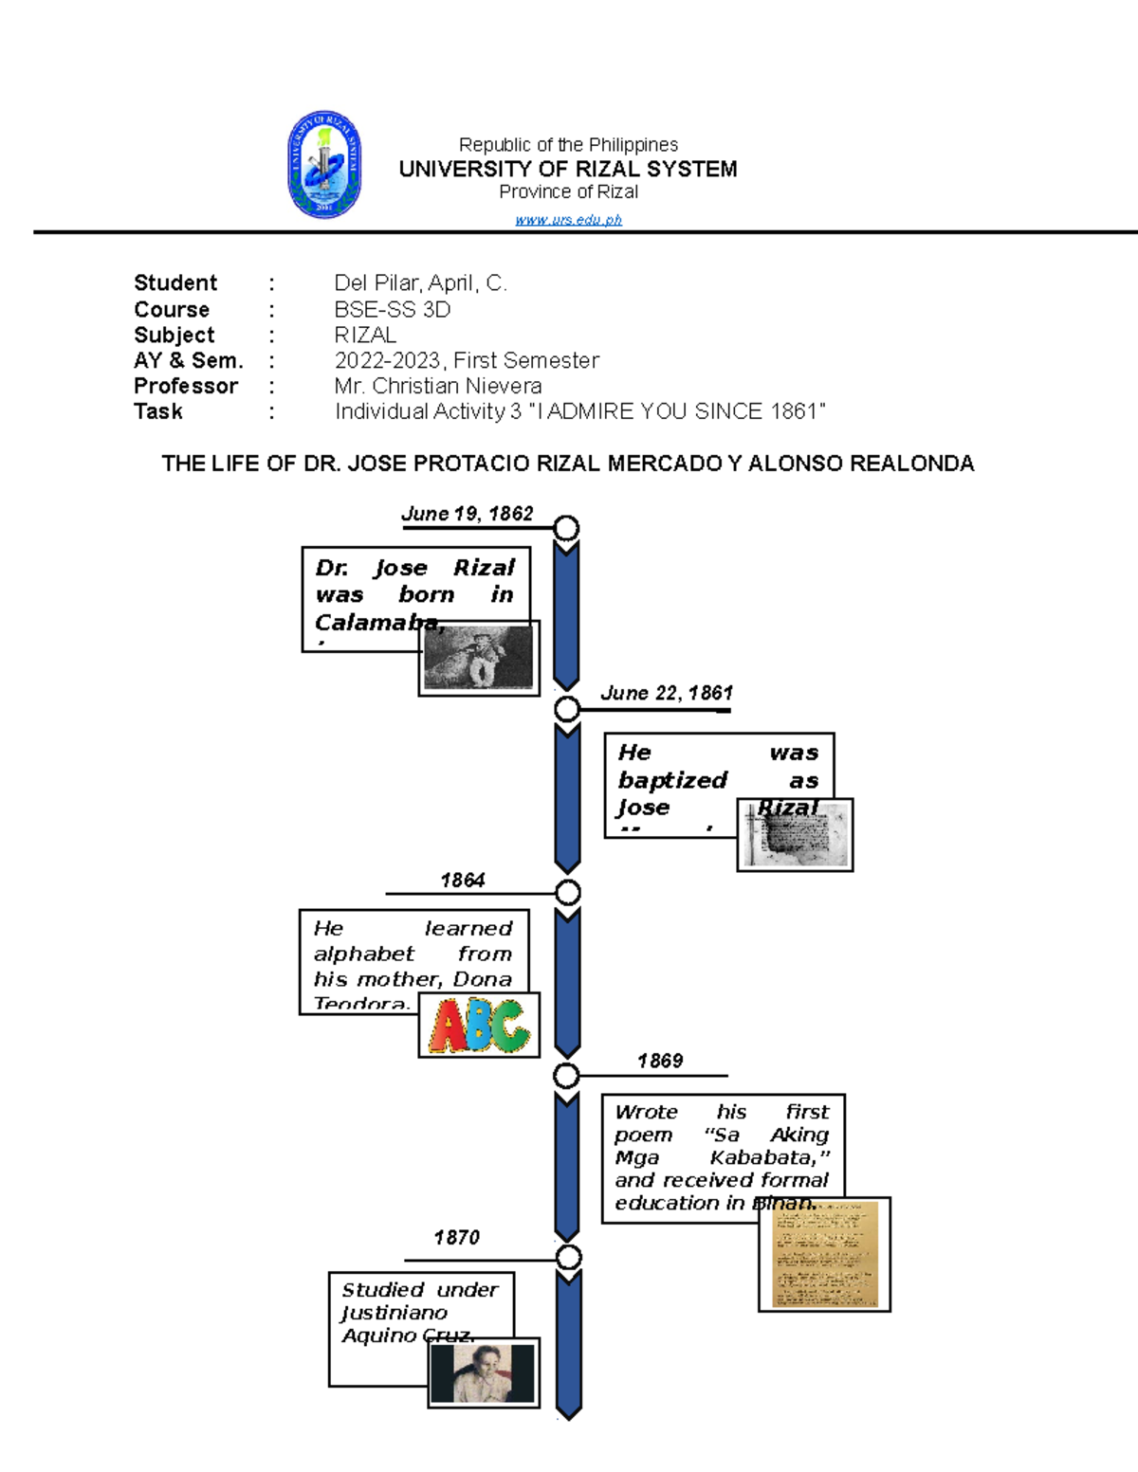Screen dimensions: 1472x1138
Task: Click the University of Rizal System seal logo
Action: [324, 164]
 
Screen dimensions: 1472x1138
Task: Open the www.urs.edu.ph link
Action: [568, 220]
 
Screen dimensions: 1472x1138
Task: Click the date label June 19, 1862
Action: [467, 514]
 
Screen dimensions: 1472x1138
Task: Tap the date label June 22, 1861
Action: [666, 693]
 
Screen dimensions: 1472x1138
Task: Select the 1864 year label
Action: [462, 881]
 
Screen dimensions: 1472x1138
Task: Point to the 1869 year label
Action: [659, 1061]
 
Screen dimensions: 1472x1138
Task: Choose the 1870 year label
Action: [456, 1238]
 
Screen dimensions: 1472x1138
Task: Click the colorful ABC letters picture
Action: [479, 1026]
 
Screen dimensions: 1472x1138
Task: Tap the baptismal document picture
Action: [796, 835]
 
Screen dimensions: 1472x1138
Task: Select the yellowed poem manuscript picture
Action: [824, 1255]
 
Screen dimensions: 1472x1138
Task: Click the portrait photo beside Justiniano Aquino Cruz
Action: [484, 1372]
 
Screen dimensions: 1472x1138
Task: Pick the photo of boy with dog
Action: [479, 659]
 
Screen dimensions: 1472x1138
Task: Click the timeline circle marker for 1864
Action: [567, 893]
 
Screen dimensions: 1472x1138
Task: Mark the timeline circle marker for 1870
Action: [568, 1258]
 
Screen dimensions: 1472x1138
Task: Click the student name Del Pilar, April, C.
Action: [420, 283]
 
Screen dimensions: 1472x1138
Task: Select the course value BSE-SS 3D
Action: [392, 310]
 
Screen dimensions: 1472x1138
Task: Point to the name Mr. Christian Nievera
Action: [437, 386]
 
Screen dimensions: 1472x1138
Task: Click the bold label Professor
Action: [186, 386]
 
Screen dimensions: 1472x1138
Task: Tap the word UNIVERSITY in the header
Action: [466, 169]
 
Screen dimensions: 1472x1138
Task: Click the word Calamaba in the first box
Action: [377, 623]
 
